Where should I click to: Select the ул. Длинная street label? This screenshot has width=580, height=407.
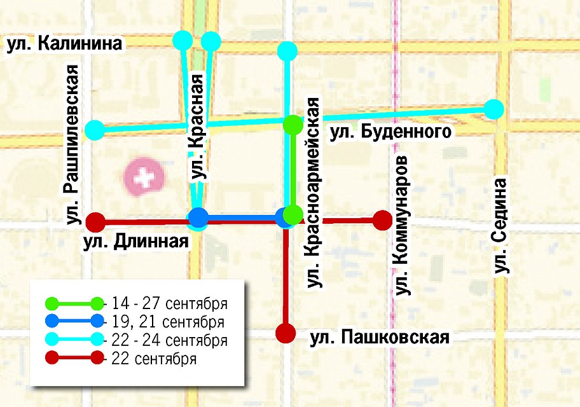tap(135, 242)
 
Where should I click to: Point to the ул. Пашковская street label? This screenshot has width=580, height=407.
tap(380, 337)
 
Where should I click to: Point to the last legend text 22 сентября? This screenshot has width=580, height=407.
tap(153, 359)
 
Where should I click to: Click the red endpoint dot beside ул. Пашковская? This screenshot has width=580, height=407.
tap(286, 332)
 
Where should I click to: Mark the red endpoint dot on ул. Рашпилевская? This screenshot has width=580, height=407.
tap(95, 222)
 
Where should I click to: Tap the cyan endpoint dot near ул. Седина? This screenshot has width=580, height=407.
tap(494, 109)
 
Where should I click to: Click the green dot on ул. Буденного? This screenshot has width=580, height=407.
tap(293, 125)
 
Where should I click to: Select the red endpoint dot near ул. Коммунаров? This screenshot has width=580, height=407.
tap(382, 220)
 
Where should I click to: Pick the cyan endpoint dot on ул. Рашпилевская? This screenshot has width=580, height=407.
tap(94, 130)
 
